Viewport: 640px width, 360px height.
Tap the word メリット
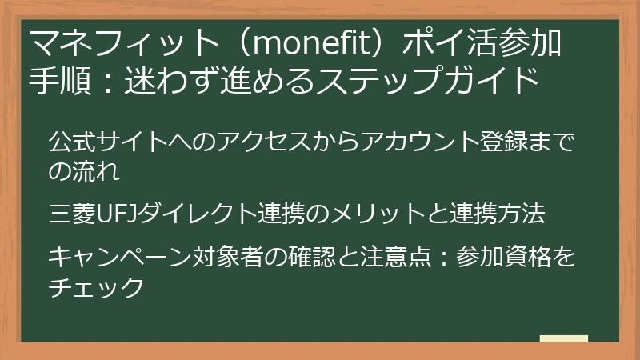(x=391, y=214)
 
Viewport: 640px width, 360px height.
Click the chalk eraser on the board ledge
(x=564, y=338)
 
